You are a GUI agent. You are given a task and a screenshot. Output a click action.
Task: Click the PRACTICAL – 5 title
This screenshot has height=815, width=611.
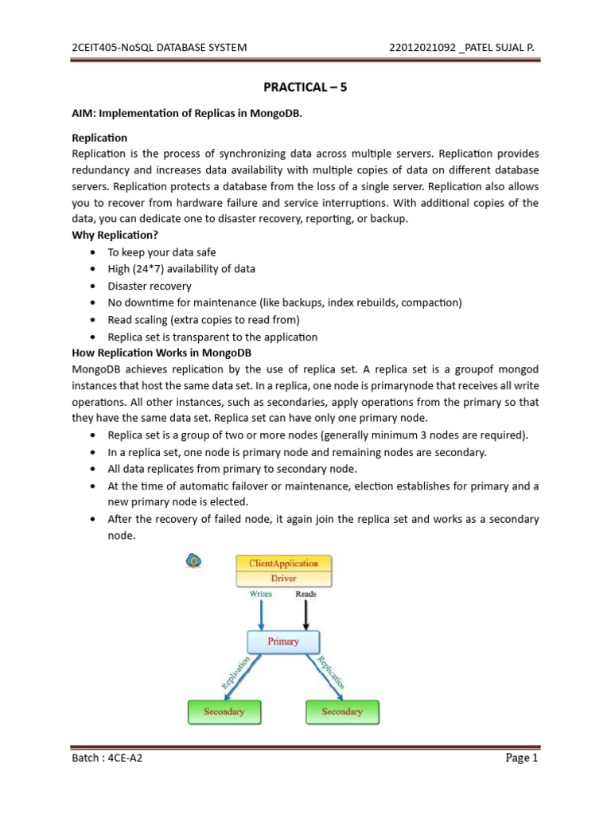point(305,88)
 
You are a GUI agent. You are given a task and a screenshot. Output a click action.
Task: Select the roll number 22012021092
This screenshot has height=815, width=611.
point(422,48)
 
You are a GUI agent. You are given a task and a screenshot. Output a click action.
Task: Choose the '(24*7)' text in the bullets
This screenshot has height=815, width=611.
point(152,269)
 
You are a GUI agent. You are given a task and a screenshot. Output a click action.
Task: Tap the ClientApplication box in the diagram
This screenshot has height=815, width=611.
point(284,563)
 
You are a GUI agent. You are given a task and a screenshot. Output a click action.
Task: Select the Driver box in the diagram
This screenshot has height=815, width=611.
point(284,578)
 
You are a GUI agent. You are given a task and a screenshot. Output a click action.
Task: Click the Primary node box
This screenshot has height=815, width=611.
point(284,641)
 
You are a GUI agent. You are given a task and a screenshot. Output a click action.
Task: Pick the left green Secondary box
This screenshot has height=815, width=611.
point(224,712)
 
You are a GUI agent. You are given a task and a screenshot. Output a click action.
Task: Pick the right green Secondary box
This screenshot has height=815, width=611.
point(342,712)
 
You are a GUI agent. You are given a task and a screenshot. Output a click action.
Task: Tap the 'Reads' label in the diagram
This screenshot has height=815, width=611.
point(306,594)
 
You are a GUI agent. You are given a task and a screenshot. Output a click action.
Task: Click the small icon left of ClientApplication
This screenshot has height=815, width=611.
point(193,561)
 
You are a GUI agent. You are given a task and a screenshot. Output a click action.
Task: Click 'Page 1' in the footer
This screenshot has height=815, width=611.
point(522,758)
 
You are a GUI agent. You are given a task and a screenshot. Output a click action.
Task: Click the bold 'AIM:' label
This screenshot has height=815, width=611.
point(84,114)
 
